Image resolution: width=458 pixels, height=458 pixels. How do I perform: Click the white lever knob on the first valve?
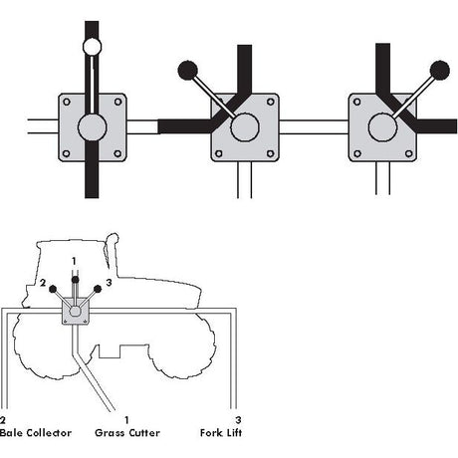pyautogui.click(x=92, y=47)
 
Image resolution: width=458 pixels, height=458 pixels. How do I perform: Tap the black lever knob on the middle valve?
pyautogui.click(x=188, y=71)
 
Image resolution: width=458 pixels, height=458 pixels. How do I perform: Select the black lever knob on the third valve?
pyautogui.click(x=440, y=71)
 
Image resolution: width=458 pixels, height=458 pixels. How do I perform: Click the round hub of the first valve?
pyautogui.click(x=93, y=127)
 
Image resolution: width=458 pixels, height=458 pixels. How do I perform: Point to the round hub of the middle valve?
pyautogui.click(x=245, y=127)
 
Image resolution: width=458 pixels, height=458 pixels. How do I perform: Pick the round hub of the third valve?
pyautogui.click(x=382, y=127)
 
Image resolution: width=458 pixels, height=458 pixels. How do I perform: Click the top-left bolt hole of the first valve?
pyautogui.click(x=67, y=102)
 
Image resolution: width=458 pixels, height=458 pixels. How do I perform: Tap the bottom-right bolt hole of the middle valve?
pyautogui.click(x=271, y=153)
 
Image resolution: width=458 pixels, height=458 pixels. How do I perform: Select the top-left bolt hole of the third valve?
pyautogui.click(x=357, y=102)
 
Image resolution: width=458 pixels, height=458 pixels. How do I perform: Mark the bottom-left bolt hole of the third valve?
pyautogui.click(x=357, y=153)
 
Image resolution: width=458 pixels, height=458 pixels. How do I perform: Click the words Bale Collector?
pyautogui.click(x=36, y=433)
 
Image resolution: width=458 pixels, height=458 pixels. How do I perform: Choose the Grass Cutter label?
pyautogui.click(x=127, y=433)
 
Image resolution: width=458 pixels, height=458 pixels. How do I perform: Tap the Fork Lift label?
pyautogui.click(x=221, y=433)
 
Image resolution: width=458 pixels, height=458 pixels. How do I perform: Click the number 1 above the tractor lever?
pyautogui.click(x=74, y=261)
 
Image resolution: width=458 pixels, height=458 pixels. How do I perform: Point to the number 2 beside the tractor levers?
pyautogui.click(x=43, y=283)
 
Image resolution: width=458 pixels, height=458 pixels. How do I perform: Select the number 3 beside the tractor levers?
pyautogui.click(x=109, y=283)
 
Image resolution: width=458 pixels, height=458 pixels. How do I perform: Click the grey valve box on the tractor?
pyautogui.click(x=76, y=311)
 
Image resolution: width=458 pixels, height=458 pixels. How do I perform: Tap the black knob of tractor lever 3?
pyautogui.click(x=98, y=289)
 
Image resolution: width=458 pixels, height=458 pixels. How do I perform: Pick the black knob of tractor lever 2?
pyautogui.click(x=53, y=289)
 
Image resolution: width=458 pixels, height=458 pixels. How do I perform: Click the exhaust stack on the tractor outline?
pyautogui.click(x=113, y=252)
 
